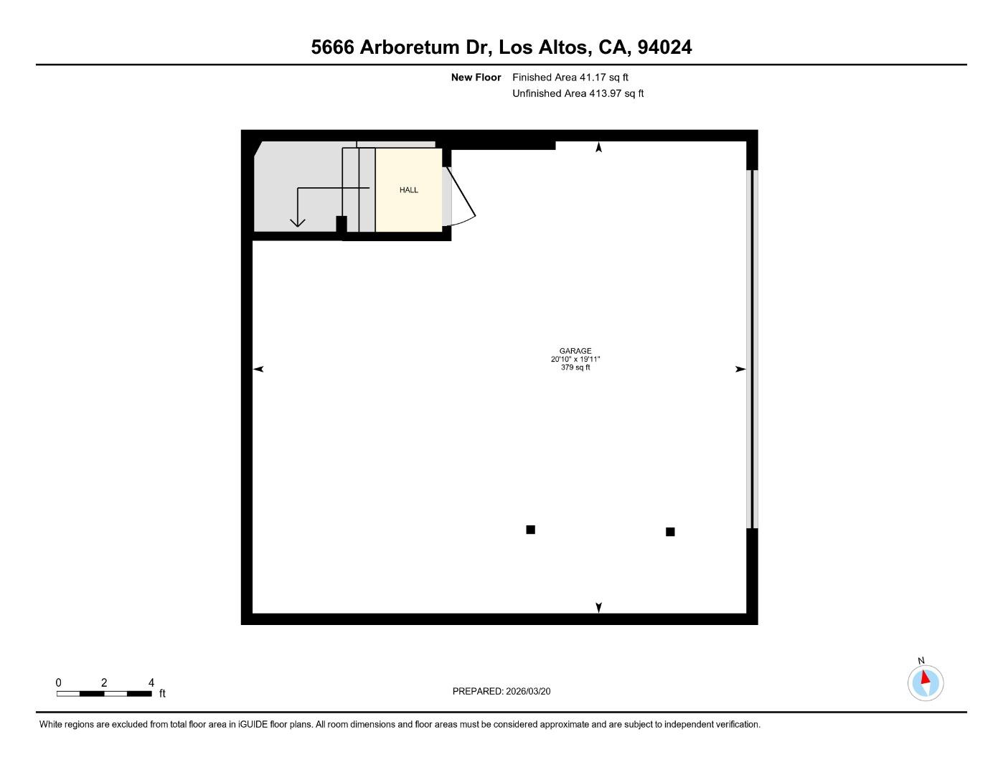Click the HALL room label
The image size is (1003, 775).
[x=409, y=190]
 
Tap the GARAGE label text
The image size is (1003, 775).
[x=575, y=351]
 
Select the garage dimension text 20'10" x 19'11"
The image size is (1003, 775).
[x=575, y=359]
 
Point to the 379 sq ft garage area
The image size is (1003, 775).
[x=575, y=367]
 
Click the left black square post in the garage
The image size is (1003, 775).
[x=531, y=530]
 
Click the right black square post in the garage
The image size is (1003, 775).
[x=670, y=532]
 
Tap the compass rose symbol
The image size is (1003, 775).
[x=926, y=682]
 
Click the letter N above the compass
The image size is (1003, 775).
[x=921, y=661]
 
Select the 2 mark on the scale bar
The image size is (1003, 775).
[x=104, y=682]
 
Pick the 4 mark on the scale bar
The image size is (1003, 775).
[x=151, y=682]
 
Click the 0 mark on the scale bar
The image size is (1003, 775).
[x=59, y=682]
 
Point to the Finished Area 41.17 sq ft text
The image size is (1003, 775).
[x=570, y=77]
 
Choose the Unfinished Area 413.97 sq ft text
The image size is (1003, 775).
[x=578, y=93]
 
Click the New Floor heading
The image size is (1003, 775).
[x=476, y=77]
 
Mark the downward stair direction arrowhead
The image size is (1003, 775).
[x=297, y=222]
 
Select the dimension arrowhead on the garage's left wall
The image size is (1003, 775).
[x=258, y=369]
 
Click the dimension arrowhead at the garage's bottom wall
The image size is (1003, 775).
[x=599, y=608]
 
